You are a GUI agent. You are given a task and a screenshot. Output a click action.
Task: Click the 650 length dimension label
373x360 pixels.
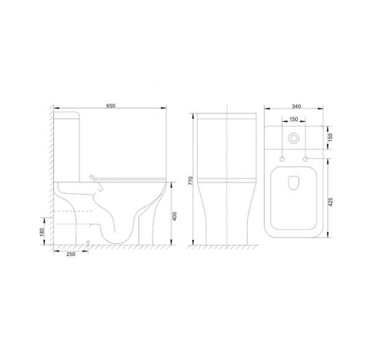coord(111,106)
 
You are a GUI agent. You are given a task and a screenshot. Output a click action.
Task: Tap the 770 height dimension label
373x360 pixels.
coord(191,181)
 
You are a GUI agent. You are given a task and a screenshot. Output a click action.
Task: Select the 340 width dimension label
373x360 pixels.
coord(296,106)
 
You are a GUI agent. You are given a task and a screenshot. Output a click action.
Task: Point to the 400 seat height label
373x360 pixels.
coord(174,216)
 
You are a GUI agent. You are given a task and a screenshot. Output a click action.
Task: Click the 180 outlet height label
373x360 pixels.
coord(42,232)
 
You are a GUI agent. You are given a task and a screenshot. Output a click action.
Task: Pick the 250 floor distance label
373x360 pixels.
coord(71,254)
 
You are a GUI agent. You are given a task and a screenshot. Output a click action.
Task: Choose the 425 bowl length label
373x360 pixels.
coord(331,202)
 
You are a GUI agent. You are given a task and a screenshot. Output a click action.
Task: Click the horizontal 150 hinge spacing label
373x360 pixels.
coord(294,119)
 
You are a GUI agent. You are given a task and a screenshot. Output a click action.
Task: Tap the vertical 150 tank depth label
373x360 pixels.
coord(330,137)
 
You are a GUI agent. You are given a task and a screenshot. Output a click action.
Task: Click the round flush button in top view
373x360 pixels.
coord(294,138)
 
